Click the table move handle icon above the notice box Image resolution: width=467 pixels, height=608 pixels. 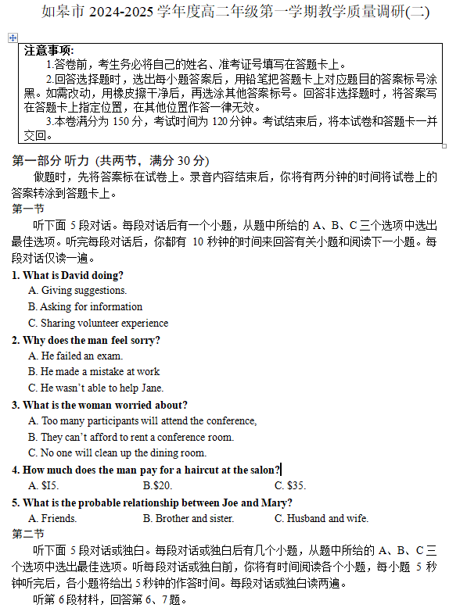pos(13,38)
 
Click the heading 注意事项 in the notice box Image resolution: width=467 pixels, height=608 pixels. pos(49,50)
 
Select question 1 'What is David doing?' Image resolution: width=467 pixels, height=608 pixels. pos(67,275)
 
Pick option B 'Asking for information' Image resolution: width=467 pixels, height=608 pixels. pos(85,307)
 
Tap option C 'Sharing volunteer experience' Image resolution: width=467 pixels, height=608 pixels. pos(98,323)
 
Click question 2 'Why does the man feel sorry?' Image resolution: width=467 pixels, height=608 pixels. pos(86,340)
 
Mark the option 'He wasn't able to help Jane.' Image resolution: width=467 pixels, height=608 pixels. pos(96,388)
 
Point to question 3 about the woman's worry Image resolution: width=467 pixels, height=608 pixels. pos(99,405)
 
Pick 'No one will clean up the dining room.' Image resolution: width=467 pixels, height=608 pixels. pos(117,452)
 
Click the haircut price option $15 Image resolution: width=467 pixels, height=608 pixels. pos(44,485)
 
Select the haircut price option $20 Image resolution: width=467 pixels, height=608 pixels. pos(157,485)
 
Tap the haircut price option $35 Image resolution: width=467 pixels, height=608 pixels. pos(289,485)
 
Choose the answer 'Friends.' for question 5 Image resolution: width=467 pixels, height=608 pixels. pos(52,518)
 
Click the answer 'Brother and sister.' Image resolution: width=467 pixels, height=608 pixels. pos(188,518)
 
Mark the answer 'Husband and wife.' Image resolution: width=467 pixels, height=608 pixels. pos(321,518)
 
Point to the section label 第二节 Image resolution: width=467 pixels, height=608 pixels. pos(28,534)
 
